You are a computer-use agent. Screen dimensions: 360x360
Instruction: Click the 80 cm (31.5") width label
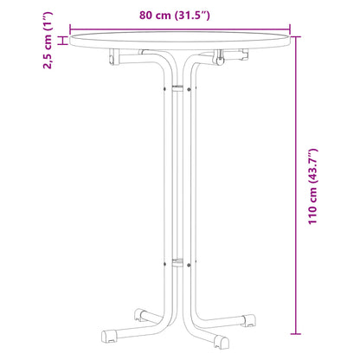coord(179,14)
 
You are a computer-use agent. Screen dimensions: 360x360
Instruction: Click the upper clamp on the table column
coord(179,87)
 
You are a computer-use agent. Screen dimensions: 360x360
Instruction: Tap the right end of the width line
coord(290,28)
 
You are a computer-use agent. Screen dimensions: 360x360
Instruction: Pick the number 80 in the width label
coord(146,14)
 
